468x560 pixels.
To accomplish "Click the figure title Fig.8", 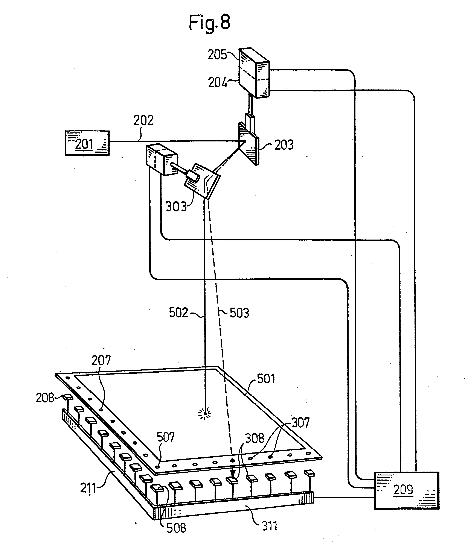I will click(x=209, y=23).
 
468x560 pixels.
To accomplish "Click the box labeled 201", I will click(x=87, y=143).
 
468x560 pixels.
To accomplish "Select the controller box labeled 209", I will click(x=406, y=490).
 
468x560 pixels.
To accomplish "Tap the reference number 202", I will click(x=143, y=121).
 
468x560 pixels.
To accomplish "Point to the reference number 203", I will click(x=284, y=145).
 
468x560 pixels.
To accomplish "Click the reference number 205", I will click(x=217, y=55).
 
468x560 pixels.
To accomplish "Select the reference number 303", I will click(x=176, y=207).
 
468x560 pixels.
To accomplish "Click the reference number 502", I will click(x=178, y=313).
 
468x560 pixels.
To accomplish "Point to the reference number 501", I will click(x=266, y=379).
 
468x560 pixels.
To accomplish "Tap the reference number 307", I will click(x=300, y=423).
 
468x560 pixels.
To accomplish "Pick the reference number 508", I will click(x=176, y=528).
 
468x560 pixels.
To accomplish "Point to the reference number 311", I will click(x=270, y=526).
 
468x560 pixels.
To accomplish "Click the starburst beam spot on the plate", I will click(x=205, y=414).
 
